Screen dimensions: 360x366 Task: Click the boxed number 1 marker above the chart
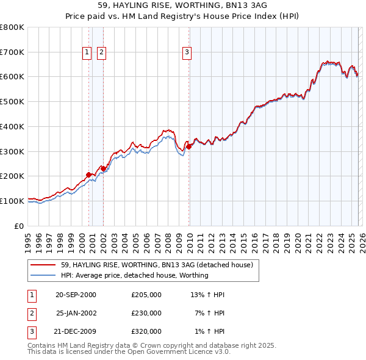click(x=87, y=53)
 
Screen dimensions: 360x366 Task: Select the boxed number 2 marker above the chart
click(x=101, y=53)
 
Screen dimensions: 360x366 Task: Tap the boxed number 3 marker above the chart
click(x=186, y=53)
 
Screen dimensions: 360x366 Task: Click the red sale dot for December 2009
click(x=189, y=146)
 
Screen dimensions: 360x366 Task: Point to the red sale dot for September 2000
click(x=89, y=175)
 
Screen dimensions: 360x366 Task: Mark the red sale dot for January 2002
click(x=104, y=168)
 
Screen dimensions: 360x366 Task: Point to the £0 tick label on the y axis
click(x=20, y=226)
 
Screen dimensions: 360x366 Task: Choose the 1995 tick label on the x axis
click(x=28, y=240)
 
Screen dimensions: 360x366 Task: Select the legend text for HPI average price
click(x=134, y=275)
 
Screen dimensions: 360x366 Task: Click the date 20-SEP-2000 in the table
click(x=76, y=295)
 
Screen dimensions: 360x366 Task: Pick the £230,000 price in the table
click(x=146, y=313)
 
